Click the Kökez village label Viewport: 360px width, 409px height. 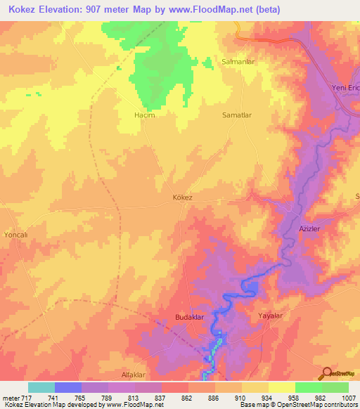182,198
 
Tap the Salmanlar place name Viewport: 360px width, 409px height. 237,62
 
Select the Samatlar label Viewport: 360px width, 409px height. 237,115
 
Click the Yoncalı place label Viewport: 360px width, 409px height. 15,235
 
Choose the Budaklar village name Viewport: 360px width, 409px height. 188,318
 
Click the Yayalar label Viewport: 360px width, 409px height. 270,316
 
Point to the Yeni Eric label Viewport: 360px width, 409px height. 345,87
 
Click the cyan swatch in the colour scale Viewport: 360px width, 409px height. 41,387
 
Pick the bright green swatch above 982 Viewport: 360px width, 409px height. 308,387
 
